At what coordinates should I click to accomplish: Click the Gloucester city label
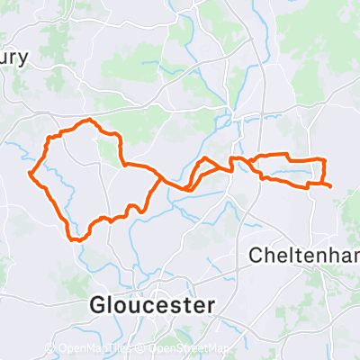coord(152,304)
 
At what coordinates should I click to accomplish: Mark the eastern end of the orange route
coord(330,186)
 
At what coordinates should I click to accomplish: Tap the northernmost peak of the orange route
coord(88,121)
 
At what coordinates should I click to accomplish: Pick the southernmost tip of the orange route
coord(77,240)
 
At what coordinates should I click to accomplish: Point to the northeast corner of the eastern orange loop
coord(322,159)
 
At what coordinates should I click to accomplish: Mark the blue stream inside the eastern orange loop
coord(288,169)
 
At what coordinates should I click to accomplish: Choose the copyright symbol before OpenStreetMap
coord(142,348)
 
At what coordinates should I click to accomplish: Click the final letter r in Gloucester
coord(211,305)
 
